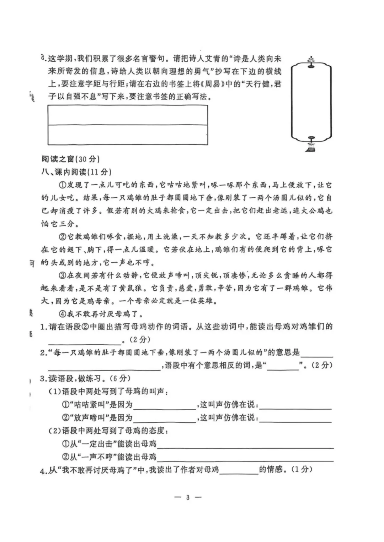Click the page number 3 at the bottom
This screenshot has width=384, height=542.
(x=188, y=497)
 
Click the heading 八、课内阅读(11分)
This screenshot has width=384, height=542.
(x=76, y=172)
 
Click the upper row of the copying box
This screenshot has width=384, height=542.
(x=128, y=115)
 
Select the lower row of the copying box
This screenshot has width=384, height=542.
(x=128, y=135)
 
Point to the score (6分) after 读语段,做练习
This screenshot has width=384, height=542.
(x=119, y=378)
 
